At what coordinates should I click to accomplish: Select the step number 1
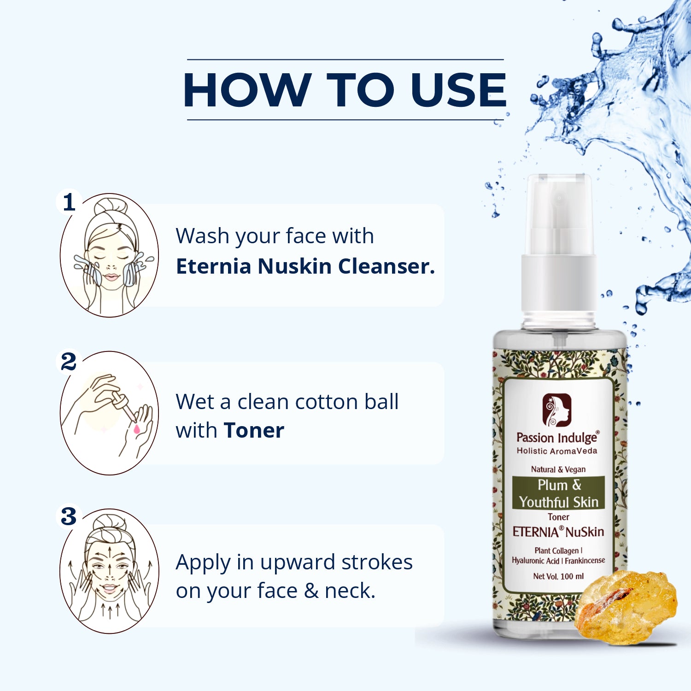(x=69, y=202)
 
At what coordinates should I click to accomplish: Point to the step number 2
(x=69, y=362)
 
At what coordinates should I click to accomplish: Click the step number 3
(x=69, y=516)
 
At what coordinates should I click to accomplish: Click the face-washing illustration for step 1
(x=110, y=255)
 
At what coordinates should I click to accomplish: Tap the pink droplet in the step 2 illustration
(x=137, y=429)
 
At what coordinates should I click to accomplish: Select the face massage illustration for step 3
(x=110, y=571)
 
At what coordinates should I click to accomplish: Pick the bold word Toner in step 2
(x=254, y=431)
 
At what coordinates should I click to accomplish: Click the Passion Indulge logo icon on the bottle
(x=556, y=410)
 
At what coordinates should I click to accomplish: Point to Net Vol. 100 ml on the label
(x=558, y=576)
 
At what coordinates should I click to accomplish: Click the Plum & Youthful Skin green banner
(x=558, y=493)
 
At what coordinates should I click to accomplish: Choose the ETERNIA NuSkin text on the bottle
(x=558, y=532)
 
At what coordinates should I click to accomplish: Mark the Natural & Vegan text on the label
(x=558, y=469)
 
